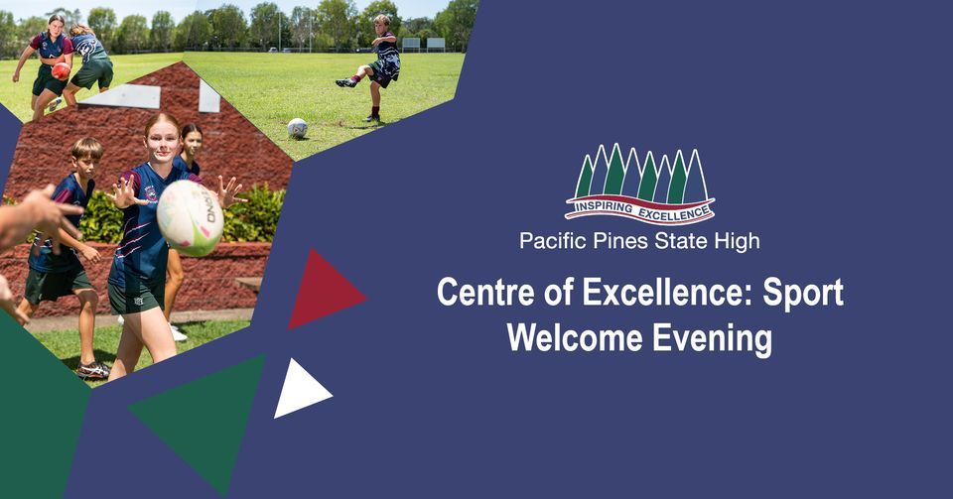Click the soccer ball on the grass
point(297,128)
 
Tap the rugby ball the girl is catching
point(190,217)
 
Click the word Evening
point(712,338)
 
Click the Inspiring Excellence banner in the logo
point(639,208)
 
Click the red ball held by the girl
point(61,71)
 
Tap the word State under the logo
point(683,241)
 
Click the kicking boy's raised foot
point(344,83)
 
